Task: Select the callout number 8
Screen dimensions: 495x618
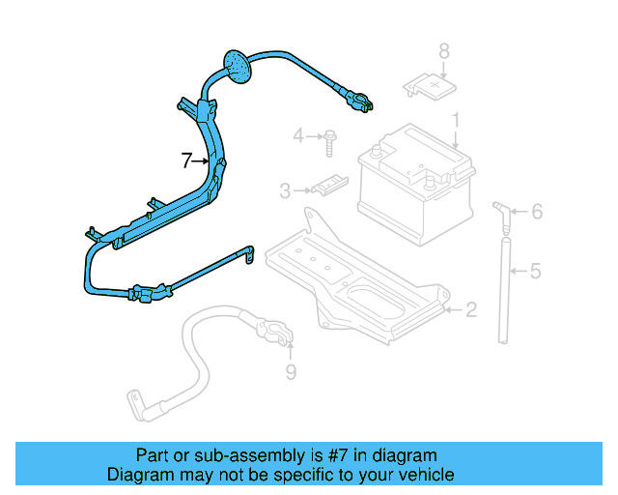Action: [x=444, y=51]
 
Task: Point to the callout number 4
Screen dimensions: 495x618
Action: [x=298, y=134]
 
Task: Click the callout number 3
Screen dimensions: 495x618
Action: [x=285, y=191]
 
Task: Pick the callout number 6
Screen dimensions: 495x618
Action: [x=537, y=212]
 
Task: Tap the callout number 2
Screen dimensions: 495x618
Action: [x=470, y=310]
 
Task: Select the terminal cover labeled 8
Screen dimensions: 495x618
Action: [x=429, y=88]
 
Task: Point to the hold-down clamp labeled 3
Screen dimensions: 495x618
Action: [x=328, y=184]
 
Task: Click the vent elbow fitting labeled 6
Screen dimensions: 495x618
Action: [x=500, y=211]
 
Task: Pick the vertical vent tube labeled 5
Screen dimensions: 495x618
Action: [x=501, y=285]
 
